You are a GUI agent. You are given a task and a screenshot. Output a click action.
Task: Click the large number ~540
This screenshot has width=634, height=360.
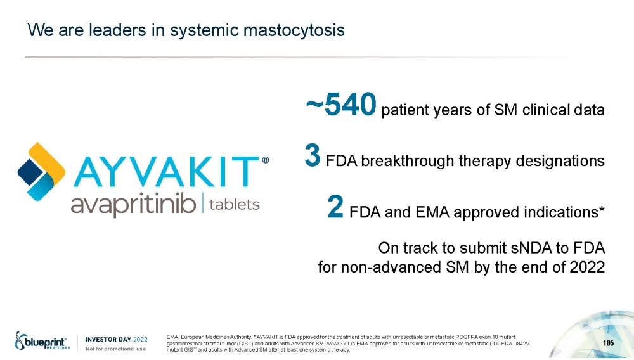(x=341, y=105)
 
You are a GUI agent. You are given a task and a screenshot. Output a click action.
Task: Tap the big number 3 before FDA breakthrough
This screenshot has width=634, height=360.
(x=313, y=155)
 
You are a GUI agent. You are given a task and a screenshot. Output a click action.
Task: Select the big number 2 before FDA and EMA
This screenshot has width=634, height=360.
(x=335, y=207)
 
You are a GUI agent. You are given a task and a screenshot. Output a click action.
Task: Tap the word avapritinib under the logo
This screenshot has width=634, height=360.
(x=133, y=205)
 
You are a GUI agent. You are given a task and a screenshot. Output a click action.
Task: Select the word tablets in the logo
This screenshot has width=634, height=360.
(x=235, y=205)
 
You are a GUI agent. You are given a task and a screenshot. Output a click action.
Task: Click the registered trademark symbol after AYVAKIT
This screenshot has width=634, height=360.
(x=266, y=160)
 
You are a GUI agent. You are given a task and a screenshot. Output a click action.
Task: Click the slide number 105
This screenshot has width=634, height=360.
(x=608, y=343)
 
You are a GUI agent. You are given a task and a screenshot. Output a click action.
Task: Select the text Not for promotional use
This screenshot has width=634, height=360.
(x=115, y=349)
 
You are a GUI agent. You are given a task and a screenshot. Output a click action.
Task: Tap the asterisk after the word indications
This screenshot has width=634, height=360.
(x=602, y=209)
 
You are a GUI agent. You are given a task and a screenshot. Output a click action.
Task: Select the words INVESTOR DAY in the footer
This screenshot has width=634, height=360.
(x=108, y=339)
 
